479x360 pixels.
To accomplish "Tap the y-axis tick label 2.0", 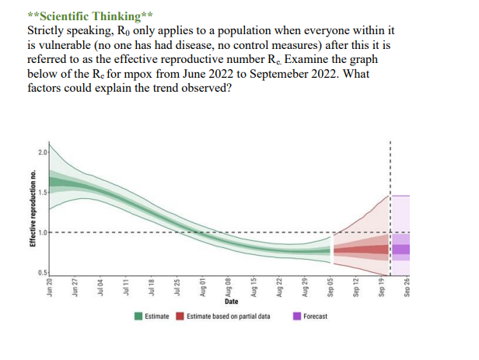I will point(41,150).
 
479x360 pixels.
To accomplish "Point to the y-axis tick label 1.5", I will point(41,191).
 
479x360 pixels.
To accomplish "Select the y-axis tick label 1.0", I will point(41,232).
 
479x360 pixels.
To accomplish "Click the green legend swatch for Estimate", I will point(138,316).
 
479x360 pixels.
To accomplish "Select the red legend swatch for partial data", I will point(180,316).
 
